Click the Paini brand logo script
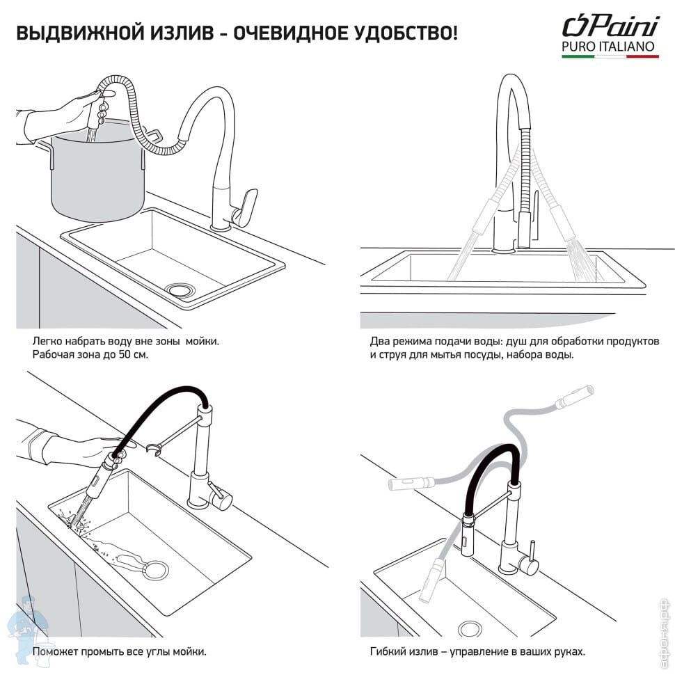point(610,26)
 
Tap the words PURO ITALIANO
point(608,47)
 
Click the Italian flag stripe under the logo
point(610,56)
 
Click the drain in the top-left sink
point(182,289)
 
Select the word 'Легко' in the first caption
point(47,342)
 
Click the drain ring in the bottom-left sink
point(155,570)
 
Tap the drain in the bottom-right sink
point(470,629)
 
